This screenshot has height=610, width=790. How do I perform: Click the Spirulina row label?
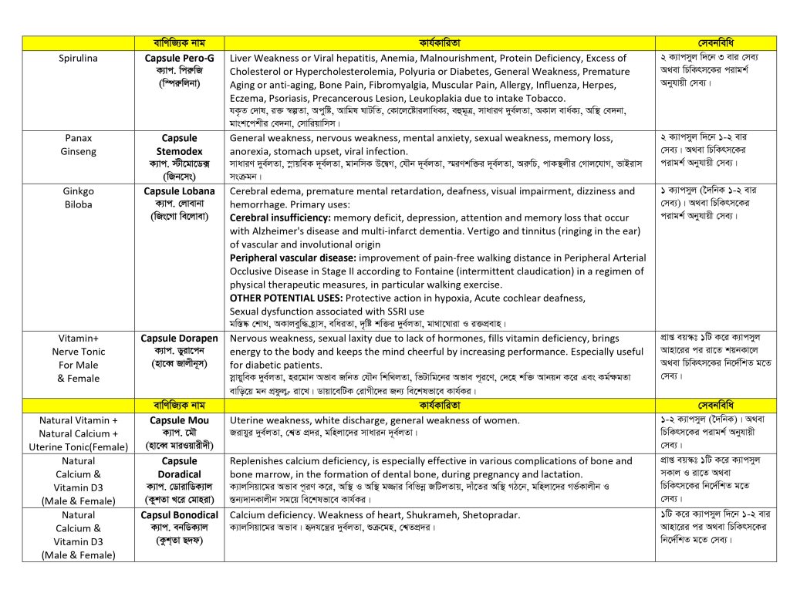tap(78, 58)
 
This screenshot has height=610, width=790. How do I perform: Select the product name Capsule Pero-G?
tap(179, 58)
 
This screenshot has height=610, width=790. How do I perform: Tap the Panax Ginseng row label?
tap(78, 145)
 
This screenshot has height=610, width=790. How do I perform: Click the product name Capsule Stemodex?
tap(179, 145)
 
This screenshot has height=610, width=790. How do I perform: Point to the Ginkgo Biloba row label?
tap(78, 198)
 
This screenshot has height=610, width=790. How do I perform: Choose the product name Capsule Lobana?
tap(179, 191)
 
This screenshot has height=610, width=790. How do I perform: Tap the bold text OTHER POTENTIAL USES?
tap(286, 298)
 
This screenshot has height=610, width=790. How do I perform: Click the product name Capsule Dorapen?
tap(179, 338)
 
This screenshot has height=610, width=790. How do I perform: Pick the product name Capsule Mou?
tap(179, 421)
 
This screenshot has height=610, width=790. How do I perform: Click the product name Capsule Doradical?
tap(179, 467)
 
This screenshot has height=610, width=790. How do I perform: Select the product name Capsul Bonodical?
tap(179, 515)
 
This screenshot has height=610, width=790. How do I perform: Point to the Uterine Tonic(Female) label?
tap(78, 447)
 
